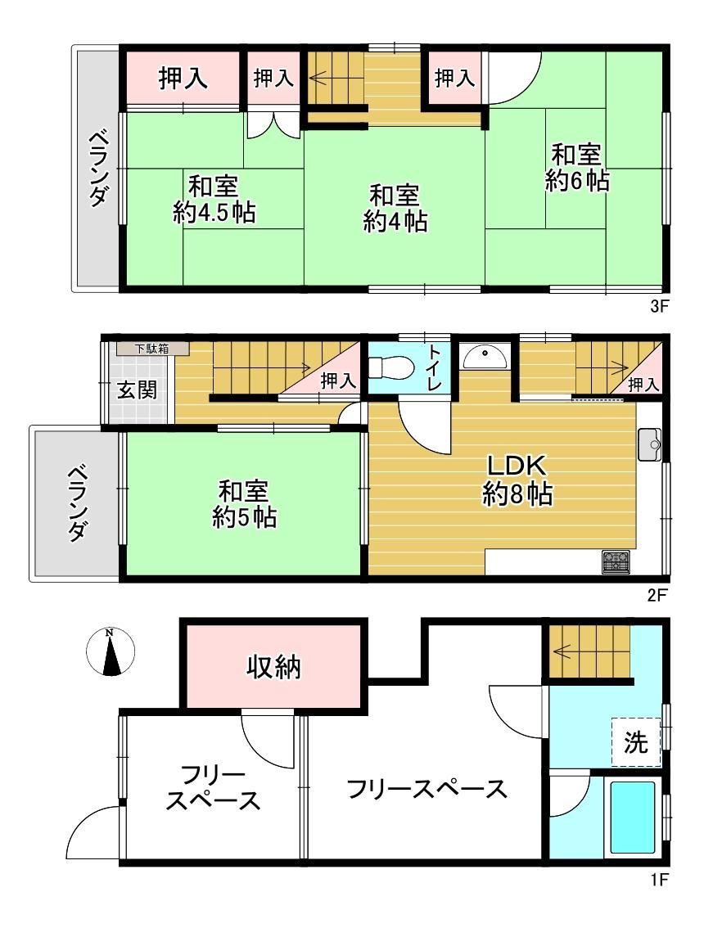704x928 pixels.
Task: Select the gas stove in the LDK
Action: (x=616, y=561)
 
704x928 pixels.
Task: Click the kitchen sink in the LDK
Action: (x=649, y=444)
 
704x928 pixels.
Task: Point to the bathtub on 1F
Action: (x=632, y=818)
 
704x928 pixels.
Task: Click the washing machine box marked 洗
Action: (x=636, y=741)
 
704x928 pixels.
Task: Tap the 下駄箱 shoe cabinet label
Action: (x=151, y=349)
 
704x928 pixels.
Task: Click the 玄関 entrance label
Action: (x=137, y=390)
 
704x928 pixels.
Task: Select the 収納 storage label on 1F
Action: (x=273, y=668)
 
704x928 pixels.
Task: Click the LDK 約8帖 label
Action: (x=517, y=480)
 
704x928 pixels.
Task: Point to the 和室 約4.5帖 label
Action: (x=214, y=200)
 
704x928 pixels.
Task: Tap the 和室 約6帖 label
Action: (x=576, y=168)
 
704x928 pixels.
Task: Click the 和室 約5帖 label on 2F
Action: (x=244, y=503)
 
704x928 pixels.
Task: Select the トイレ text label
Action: (x=435, y=367)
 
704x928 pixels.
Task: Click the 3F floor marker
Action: (x=658, y=307)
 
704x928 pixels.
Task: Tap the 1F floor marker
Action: (x=658, y=880)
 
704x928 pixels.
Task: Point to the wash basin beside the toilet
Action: (x=485, y=356)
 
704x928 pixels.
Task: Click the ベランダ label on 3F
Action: (x=98, y=169)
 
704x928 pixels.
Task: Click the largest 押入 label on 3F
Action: (x=183, y=78)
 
